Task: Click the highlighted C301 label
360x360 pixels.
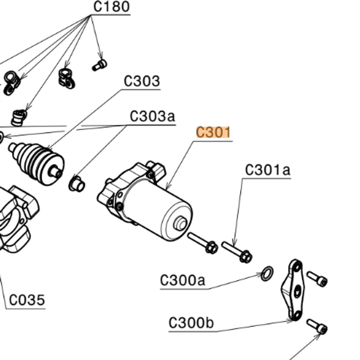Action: coord(213,133)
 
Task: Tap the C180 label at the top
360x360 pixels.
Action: coord(111,7)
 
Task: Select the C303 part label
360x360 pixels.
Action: coord(142,82)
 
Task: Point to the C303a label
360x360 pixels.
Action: coord(152,116)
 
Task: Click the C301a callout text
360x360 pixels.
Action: coord(268,170)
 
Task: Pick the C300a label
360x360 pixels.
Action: coord(183,280)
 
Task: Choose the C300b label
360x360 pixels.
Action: coord(191,323)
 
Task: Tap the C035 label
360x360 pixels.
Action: coord(27,300)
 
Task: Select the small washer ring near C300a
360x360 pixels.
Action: coord(268,275)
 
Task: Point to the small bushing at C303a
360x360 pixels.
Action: coord(76,183)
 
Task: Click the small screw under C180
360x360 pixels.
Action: coord(100,65)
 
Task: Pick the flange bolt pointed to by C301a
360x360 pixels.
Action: coord(237,252)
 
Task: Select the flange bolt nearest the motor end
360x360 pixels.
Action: coord(203,243)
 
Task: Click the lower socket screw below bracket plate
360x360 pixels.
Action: coord(317,326)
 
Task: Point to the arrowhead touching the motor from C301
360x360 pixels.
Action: coord(166,188)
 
